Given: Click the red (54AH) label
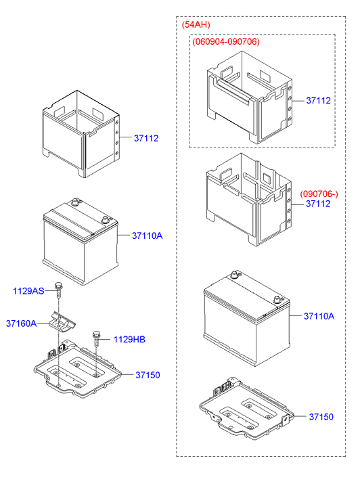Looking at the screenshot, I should [196, 25].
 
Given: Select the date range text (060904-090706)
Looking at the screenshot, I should [226, 41].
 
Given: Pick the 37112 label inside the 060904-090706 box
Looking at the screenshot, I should [318, 100].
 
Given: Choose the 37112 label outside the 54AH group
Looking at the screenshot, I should [145, 138].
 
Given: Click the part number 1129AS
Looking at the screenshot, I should [28, 291].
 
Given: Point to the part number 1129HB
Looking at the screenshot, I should [129, 339].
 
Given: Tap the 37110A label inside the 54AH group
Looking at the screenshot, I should [319, 316].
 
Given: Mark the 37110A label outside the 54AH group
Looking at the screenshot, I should [147, 236].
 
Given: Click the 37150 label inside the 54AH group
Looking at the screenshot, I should [321, 418].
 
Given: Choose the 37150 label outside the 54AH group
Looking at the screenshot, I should [148, 375].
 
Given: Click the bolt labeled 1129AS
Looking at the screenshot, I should [59, 290].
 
